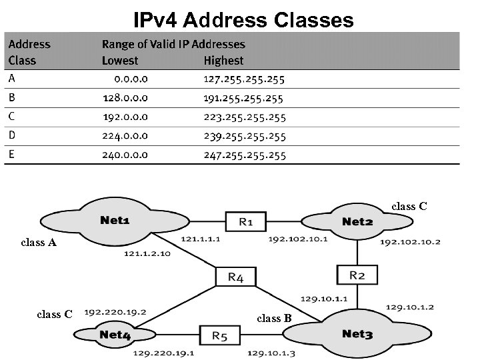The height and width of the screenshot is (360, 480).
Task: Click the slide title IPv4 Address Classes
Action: tap(243, 20)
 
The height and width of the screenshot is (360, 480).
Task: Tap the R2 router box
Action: tap(357, 275)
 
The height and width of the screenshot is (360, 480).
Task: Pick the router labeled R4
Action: tap(235, 277)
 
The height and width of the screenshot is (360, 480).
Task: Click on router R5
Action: tap(220, 335)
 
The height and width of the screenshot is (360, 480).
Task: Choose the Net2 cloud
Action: tap(357, 221)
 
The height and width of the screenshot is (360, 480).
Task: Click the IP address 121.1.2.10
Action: tap(147, 254)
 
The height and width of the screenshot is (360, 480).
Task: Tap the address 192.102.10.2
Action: tap(410, 241)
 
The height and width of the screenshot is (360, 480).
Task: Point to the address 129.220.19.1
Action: tap(163, 353)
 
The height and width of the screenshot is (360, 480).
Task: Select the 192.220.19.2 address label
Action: tap(115, 311)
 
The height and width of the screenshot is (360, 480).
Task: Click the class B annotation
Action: tap(275, 318)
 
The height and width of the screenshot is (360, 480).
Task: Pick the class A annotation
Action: tap(39, 243)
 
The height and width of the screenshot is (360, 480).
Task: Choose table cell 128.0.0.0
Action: tap(125, 98)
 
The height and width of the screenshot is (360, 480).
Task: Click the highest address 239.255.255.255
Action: tap(244, 136)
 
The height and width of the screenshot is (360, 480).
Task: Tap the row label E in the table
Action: tap(11, 155)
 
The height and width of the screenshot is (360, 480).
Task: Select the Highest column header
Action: tap(223, 61)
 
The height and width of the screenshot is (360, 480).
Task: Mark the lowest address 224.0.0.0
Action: tap(125, 136)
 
